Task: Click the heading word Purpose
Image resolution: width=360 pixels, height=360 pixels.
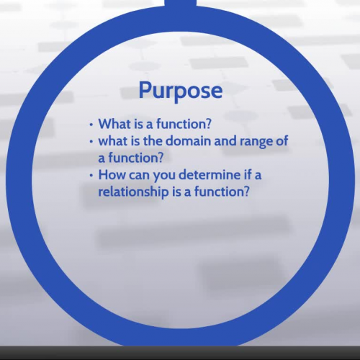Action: [180, 91]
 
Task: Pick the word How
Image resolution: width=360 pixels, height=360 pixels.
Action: [113, 175]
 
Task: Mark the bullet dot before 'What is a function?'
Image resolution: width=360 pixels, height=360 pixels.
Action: [91, 124]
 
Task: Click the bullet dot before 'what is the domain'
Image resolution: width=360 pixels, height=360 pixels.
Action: [91, 141]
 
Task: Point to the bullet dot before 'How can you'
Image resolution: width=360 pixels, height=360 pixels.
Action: [91, 176]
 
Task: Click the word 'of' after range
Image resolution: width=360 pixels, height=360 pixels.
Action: [282, 140]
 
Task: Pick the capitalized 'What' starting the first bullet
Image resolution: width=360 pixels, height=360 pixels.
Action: [114, 123]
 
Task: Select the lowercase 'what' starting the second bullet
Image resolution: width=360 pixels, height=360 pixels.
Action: [114, 140]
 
